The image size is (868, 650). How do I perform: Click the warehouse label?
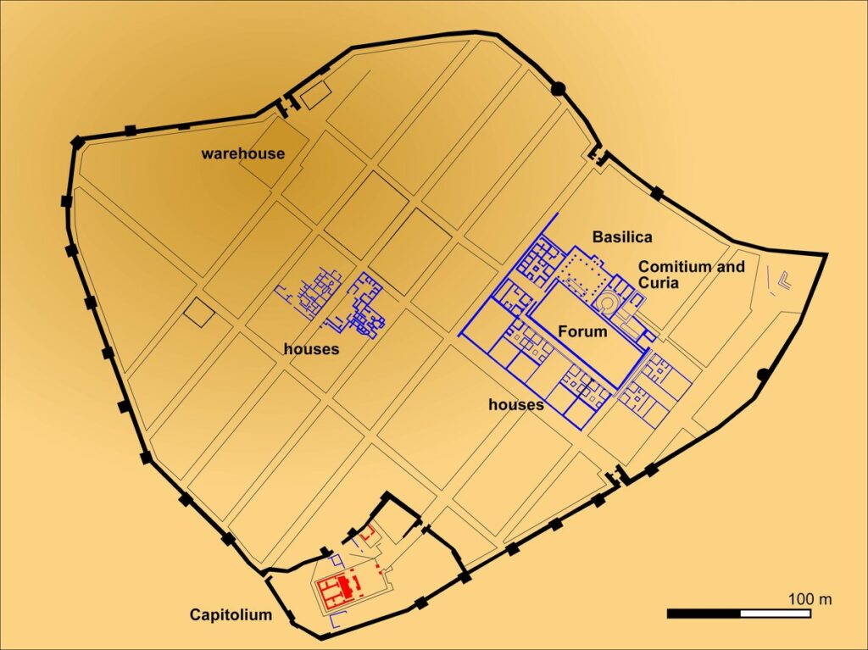pyautogui.click(x=242, y=153)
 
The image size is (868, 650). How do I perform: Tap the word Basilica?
pyautogui.click(x=622, y=236)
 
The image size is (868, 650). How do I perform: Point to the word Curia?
pyautogui.click(x=659, y=283)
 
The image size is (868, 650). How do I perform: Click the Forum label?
pyautogui.click(x=582, y=331)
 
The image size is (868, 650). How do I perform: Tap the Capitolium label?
pyautogui.click(x=231, y=614)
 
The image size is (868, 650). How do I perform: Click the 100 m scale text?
pyautogui.click(x=810, y=599)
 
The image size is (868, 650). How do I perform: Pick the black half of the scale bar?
pyautogui.click(x=704, y=613)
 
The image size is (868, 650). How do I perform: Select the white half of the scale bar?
pyautogui.click(x=776, y=613)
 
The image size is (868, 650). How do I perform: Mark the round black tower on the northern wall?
pyautogui.click(x=558, y=88)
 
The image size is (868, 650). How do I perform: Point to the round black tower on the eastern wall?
pyautogui.click(x=762, y=374)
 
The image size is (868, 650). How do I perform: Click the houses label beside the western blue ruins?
pyautogui.click(x=312, y=348)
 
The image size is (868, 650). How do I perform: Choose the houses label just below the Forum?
pyautogui.click(x=516, y=404)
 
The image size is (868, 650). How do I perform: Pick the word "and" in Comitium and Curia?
pyautogui.click(x=732, y=267)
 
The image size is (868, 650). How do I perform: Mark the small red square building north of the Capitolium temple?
pyautogui.click(x=367, y=535)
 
